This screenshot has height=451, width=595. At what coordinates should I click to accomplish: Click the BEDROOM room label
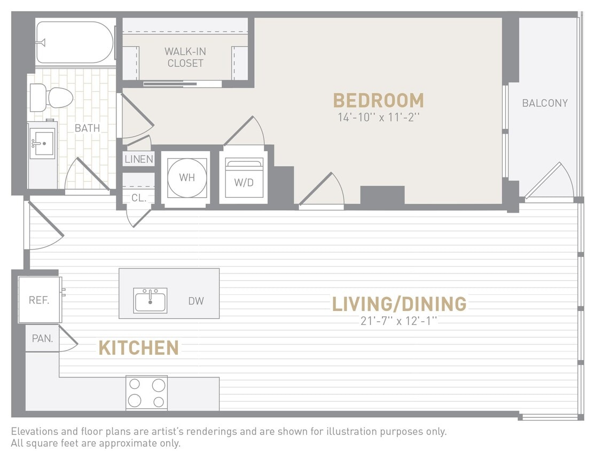pos(378,100)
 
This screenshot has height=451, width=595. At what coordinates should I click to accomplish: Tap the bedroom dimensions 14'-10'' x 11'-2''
pos(378,118)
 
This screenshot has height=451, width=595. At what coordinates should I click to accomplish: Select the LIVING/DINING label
pos(399,304)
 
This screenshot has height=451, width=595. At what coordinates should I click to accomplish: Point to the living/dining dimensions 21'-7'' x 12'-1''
pos(399,321)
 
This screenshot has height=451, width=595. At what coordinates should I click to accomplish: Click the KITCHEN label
pos(139,348)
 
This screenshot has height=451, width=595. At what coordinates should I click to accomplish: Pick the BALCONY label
pos(545,103)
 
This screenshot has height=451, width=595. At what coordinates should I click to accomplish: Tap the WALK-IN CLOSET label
pos(185,57)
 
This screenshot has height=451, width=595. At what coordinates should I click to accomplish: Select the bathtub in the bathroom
pos(75,42)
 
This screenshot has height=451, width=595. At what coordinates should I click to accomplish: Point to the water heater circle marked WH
pos(187,177)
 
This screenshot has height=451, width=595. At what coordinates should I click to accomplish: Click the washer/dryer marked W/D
pos(244,179)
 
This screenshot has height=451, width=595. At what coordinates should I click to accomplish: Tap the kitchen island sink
pos(151,300)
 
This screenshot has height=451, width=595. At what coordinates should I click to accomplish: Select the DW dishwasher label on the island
pos(196,301)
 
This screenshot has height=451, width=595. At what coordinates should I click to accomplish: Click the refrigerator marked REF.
pos(39,300)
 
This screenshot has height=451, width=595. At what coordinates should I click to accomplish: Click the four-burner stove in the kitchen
pos(146,393)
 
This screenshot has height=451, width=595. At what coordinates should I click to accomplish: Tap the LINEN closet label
pos(139,159)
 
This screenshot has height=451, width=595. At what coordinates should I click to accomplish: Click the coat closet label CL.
pos(139,197)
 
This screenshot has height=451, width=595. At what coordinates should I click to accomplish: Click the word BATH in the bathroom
pos(87,128)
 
